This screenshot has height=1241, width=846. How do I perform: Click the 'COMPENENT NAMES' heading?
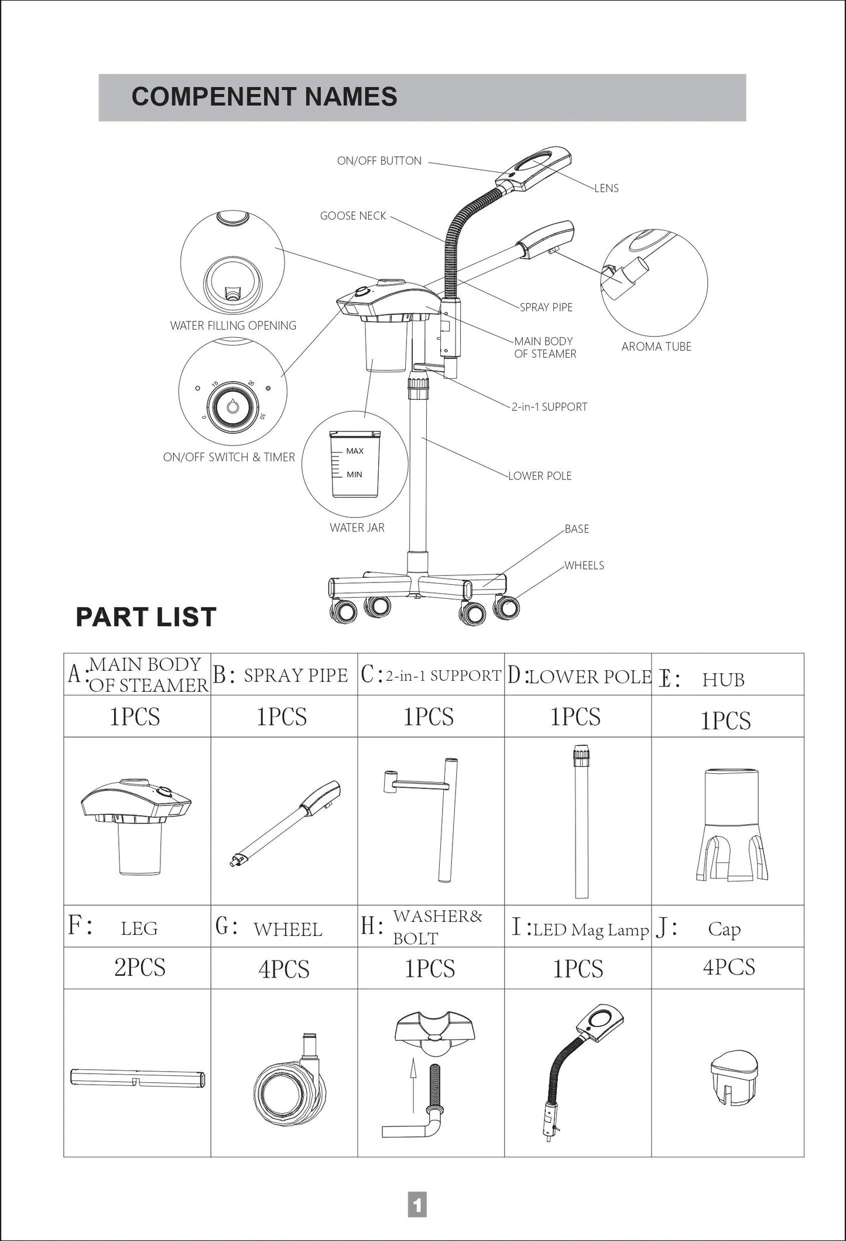264,97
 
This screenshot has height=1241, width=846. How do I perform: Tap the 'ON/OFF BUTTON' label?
379,161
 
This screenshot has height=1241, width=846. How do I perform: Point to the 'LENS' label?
606,188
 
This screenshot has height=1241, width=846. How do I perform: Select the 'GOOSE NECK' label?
353,216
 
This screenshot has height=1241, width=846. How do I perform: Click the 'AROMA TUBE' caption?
656,347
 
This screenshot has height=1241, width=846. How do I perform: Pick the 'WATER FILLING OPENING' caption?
233,325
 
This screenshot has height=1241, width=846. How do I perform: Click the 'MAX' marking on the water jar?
355,451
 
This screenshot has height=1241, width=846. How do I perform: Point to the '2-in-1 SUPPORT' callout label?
549,407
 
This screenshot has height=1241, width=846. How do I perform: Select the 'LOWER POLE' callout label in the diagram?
539,476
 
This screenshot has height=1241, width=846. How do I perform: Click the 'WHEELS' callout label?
584,565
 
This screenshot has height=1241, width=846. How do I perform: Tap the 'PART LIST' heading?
146,617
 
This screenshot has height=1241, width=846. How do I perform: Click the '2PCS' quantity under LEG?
139,968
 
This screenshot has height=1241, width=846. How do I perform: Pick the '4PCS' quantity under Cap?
728,967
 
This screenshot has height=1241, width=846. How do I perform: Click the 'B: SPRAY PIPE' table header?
284,675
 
